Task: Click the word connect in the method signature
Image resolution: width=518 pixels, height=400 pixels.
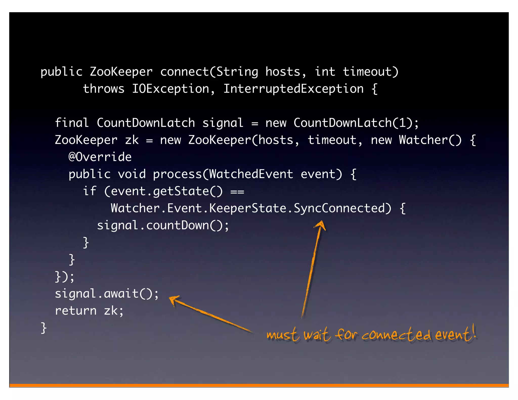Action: point(184,72)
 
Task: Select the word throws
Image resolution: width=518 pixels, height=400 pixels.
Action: point(104,89)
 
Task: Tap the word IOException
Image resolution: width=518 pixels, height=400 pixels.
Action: point(170,89)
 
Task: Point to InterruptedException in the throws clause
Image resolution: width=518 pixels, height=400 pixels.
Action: point(293,89)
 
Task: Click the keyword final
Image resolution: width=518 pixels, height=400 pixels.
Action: point(72,123)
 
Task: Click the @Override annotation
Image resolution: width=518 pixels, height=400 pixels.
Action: point(100,157)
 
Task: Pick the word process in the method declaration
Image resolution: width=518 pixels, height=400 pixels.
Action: point(177,174)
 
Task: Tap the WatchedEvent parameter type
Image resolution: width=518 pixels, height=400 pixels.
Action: point(251,174)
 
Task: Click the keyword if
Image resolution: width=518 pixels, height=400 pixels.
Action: point(90,191)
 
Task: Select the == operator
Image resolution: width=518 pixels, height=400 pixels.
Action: point(237,192)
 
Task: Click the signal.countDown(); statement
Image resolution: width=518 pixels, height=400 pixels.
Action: point(163,225)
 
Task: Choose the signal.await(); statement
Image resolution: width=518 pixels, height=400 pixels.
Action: point(107,294)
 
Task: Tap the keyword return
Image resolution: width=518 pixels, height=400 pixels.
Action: point(76,311)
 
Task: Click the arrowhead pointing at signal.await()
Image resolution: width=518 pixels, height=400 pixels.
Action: point(174,300)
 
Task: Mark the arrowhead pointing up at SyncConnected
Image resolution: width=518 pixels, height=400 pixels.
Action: point(321,225)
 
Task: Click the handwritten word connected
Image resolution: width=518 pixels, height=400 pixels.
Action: point(396,335)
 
